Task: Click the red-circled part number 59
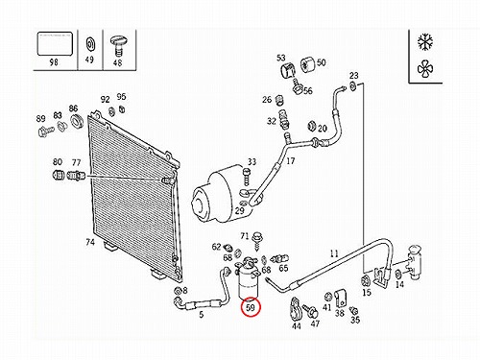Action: click(251, 307)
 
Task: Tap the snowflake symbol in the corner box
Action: click(425, 42)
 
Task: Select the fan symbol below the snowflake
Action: click(426, 69)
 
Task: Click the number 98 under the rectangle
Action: click(54, 61)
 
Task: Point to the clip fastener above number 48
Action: click(119, 46)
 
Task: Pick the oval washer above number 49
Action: click(90, 44)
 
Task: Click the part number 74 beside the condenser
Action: click(90, 242)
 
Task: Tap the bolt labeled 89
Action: click(45, 132)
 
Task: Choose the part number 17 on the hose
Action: click(290, 160)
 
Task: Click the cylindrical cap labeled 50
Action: click(308, 64)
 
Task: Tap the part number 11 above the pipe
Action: click(334, 253)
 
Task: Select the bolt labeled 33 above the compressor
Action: click(246, 177)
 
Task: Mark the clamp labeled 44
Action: click(295, 309)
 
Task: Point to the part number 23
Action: click(353, 76)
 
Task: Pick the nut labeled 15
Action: click(365, 281)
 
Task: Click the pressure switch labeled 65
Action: click(279, 258)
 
